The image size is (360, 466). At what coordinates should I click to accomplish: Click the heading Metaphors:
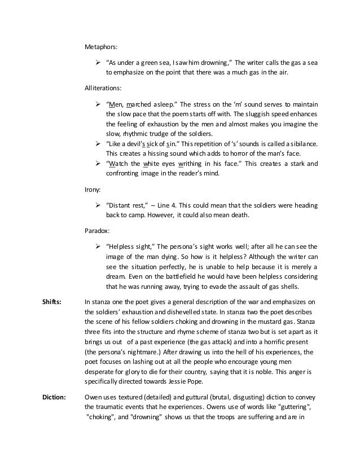tap(101, 47)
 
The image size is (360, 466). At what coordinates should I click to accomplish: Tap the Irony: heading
tap(93, 190)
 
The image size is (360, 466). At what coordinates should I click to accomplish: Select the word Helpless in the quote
tap(122, 247)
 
